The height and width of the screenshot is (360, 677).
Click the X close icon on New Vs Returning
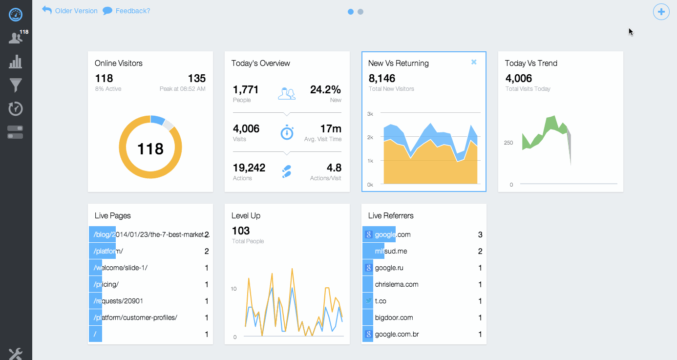pos(473,62)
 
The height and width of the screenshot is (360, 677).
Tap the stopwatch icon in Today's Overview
pos(287,132)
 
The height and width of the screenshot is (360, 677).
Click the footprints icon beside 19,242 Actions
pos(287,171)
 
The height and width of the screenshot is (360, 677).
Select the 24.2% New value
pos(325,89)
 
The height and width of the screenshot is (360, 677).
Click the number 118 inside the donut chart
pos(150,148)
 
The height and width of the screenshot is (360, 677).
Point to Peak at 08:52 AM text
pos(182,89)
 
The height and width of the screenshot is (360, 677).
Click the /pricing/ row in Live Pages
pos(106,284)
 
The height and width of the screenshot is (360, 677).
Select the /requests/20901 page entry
pos(118,301)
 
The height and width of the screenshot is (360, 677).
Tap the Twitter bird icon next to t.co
pos(368,301)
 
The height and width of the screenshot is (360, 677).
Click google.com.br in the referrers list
pos(397,334)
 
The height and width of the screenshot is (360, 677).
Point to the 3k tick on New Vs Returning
pos(370,114)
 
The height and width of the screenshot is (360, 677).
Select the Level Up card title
pos(246,215)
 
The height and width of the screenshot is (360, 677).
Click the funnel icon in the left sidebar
pos(16,85)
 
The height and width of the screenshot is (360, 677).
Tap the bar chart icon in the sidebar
pos(16,62)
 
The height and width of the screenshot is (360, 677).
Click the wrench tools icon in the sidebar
pos(16,354)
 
